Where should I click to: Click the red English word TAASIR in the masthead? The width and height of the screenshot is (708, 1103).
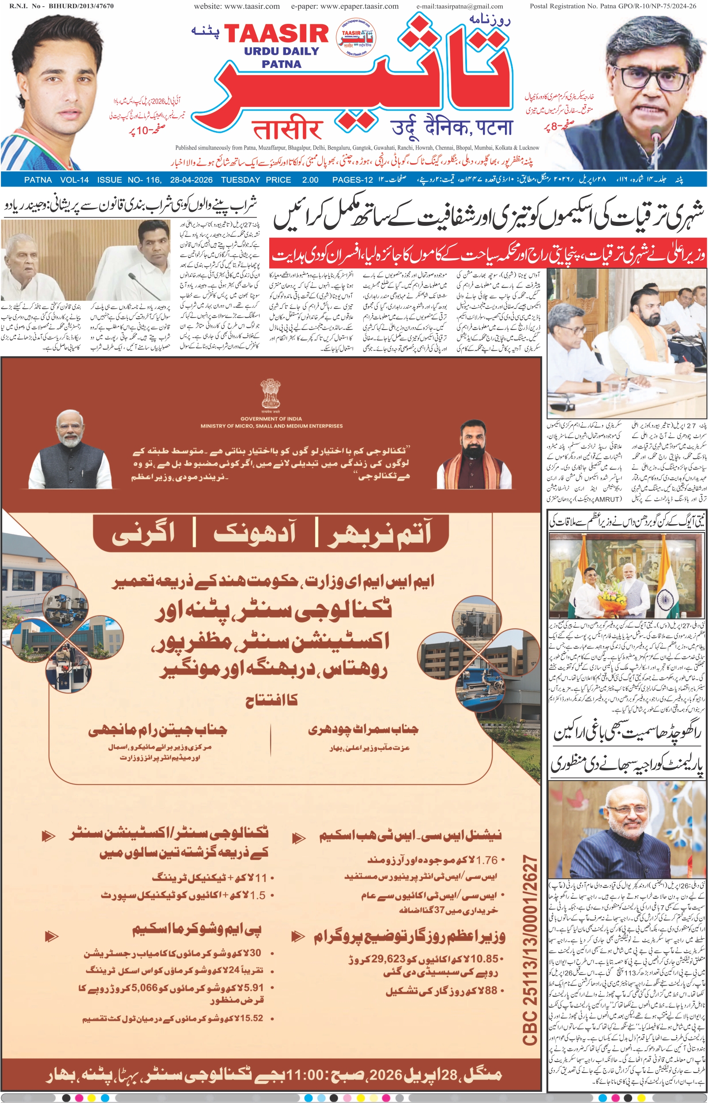pyautogui.click(x=276, y=34)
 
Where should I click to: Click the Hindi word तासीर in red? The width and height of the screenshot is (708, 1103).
pyautogui.click(x=287, y=130)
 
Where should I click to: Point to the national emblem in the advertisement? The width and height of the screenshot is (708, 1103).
pyautogui.click(x=271, y=394)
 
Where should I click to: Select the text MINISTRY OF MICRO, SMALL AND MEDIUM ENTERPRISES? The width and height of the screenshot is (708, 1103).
pyautogui.click(x=271, y=426)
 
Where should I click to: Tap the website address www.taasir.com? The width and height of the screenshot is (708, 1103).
pyautogui.click(x=237, y=7)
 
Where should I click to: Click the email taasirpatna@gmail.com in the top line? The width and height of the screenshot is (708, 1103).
pyautogui.click(x=460, y=7)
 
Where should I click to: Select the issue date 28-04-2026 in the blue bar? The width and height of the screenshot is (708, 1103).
pyautogui.click(x=191, y=180)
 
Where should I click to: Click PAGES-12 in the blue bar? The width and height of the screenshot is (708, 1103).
pyautogui.click(x=352, y=180)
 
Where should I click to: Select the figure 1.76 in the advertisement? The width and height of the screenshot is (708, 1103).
pyautogui.click(x=487, y=860)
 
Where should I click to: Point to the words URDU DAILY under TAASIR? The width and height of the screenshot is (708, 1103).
pyautogui.click(x=281, y=51)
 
